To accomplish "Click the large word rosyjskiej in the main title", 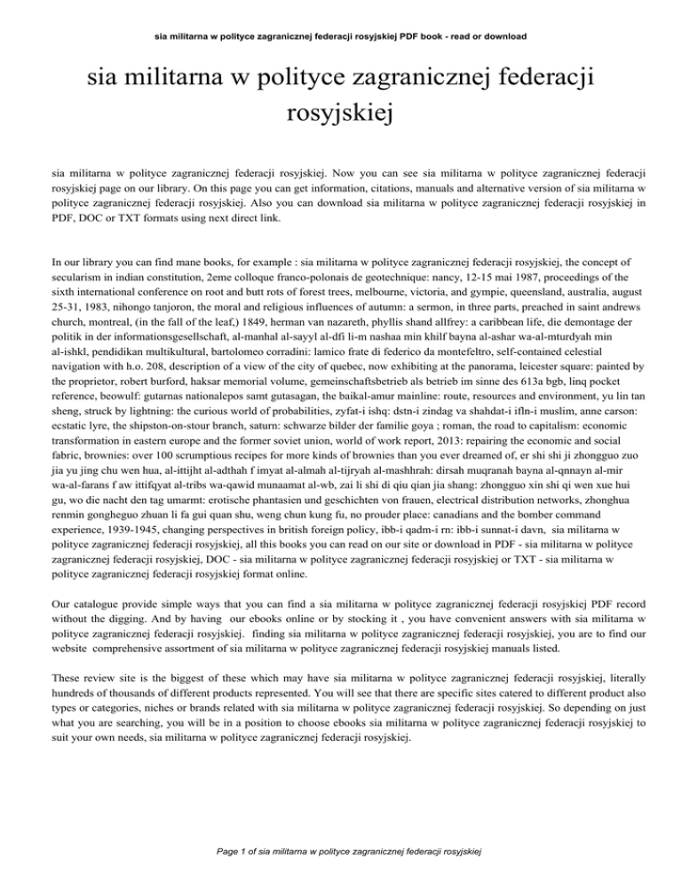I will [340, 114].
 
